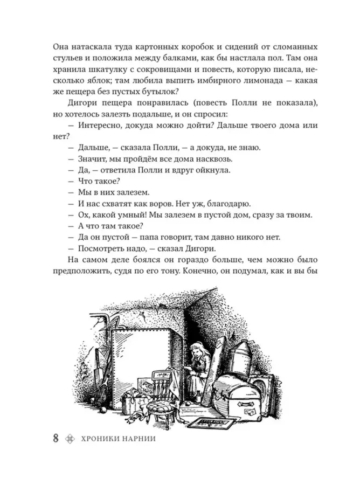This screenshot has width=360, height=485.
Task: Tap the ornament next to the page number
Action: [x=69, y=438]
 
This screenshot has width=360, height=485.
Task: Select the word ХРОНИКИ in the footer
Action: [x=101, y=438]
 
